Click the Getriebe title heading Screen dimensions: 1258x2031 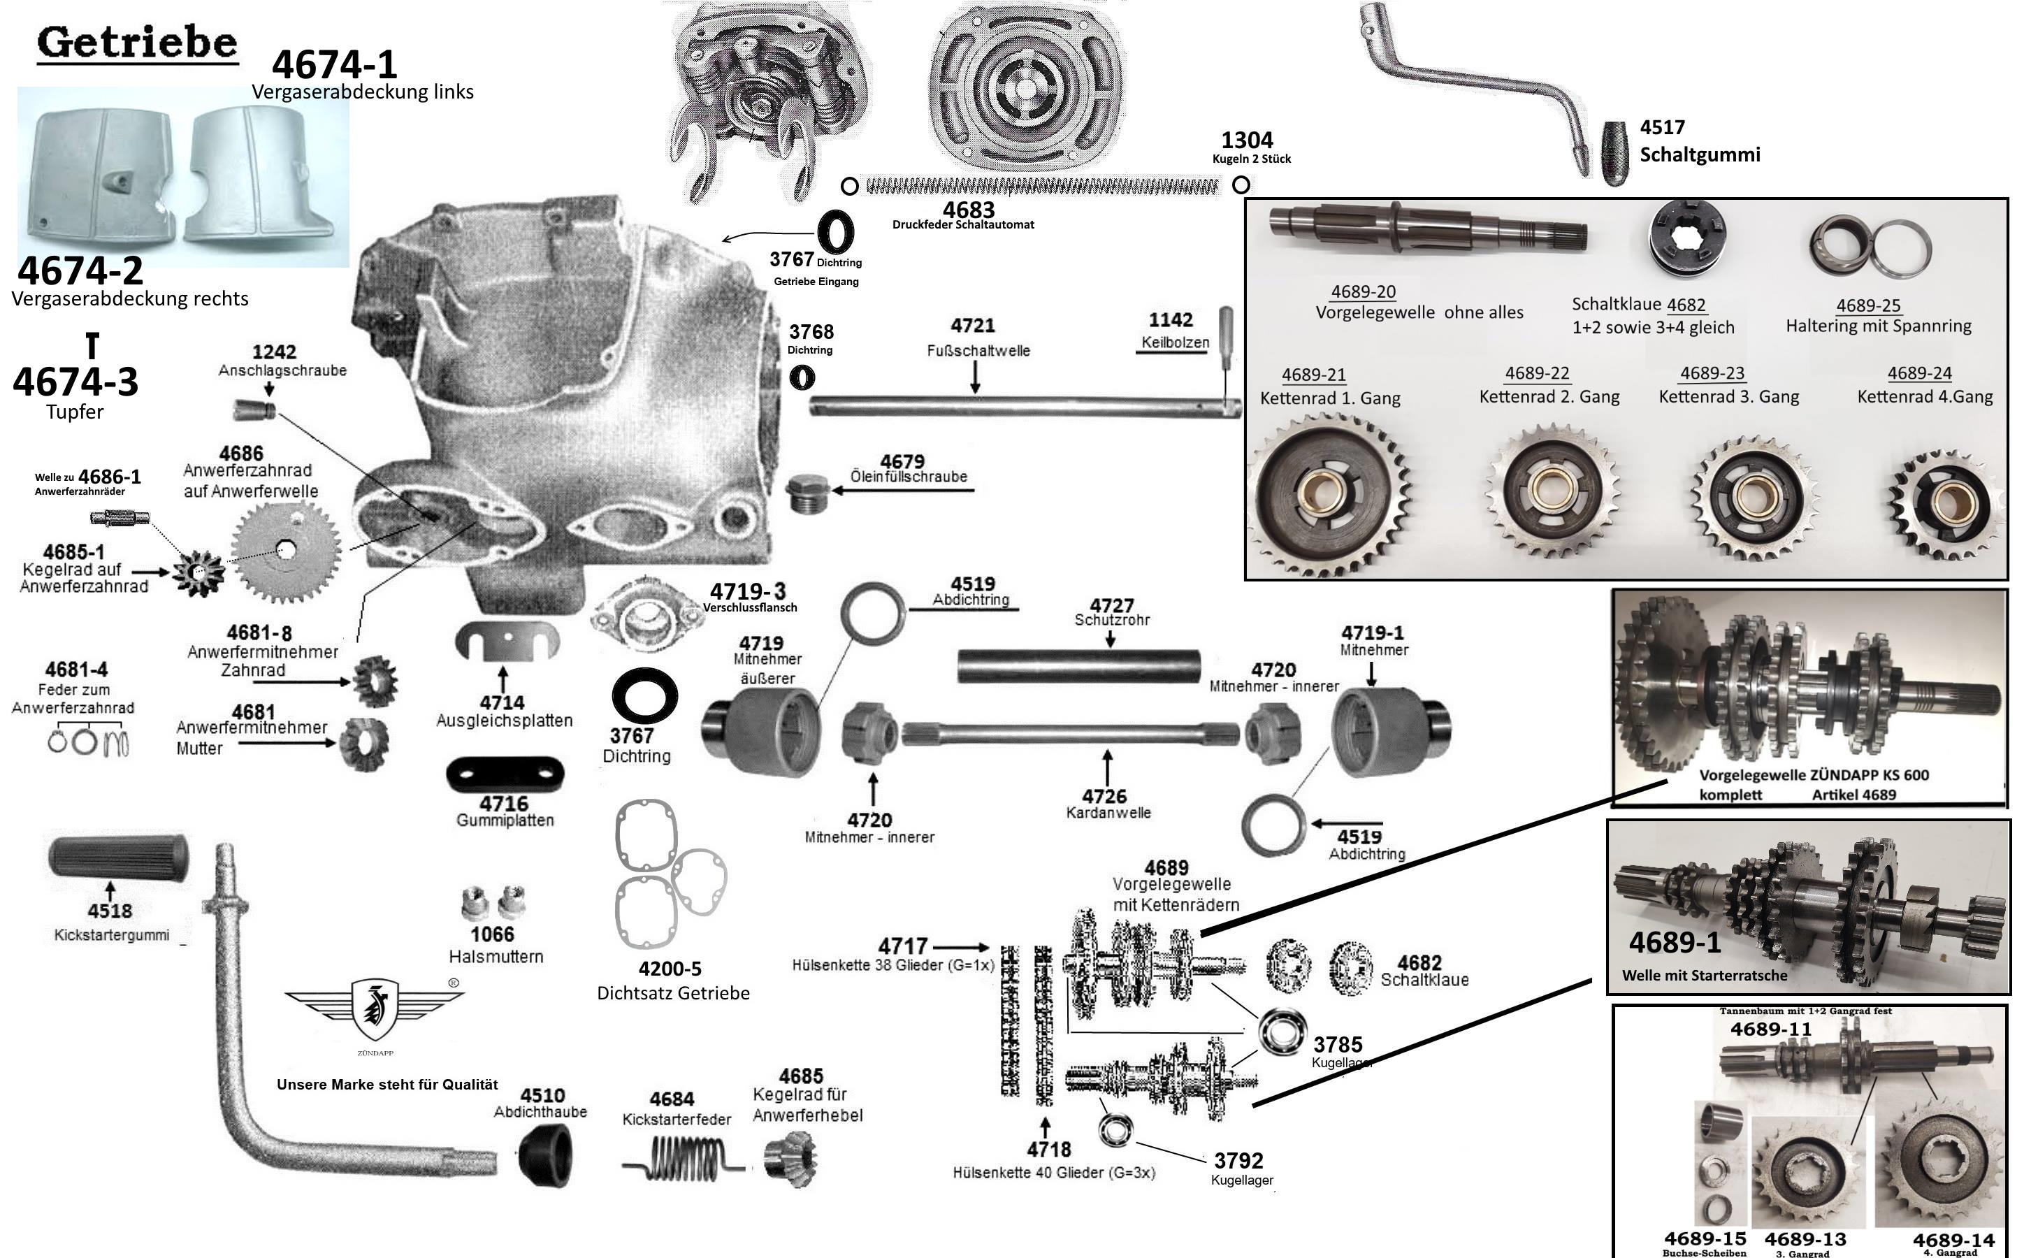pyautogui.click(x=137, y=43)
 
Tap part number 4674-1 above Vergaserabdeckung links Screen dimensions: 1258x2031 pyautogui.click(x=335, y=64)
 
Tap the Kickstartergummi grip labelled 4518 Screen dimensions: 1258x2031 pyautogui.click(x=118, y=855)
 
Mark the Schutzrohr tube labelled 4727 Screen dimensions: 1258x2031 pyautogui.click(x=1078, y=665)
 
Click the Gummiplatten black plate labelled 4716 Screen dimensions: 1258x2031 pyautogui.click(x=505, y=774)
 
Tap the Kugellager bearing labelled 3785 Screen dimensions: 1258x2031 pyautogui.click(x=1280, y=1031)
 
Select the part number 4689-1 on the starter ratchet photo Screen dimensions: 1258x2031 pyautogui.click(x=1674, y=943)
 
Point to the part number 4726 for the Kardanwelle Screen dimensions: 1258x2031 pyautogui.click(x=1104, y=797)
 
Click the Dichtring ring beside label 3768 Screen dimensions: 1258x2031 pyautogui.click(x=802, y=377)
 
